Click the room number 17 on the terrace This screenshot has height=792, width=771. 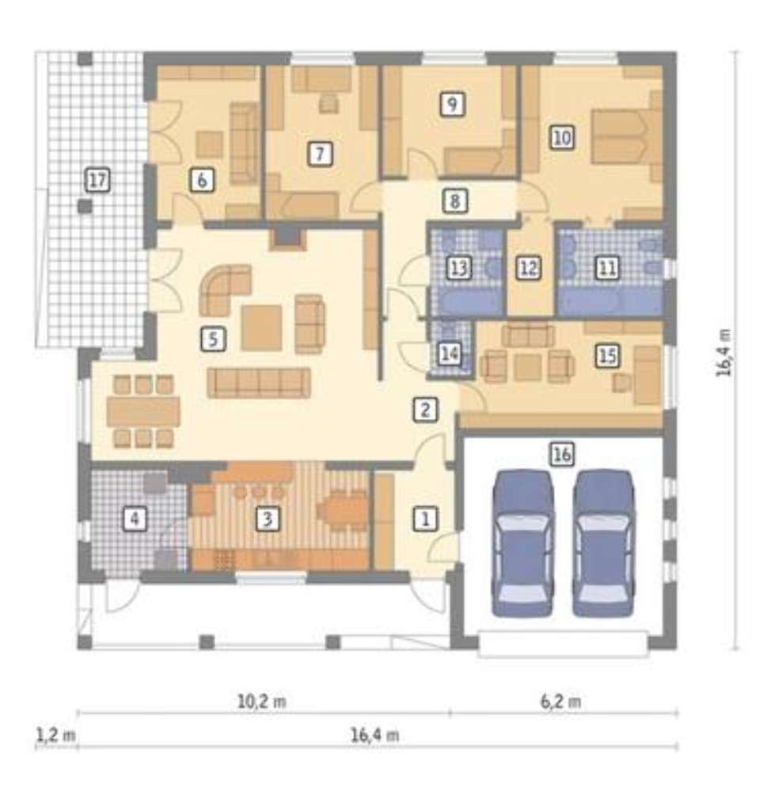click(98, 180)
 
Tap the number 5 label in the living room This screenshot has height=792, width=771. click(213, 339)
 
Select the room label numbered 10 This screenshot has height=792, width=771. click(562, 137)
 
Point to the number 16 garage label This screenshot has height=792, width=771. click(562, 454)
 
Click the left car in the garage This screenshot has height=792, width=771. click(522, 543)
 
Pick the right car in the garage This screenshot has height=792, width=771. click(603, 543)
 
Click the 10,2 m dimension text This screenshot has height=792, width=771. click(261, 702)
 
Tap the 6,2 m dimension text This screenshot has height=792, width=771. click(560, 702)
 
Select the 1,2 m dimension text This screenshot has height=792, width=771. click(55, 734)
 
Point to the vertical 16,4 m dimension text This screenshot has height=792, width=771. click(724, 352)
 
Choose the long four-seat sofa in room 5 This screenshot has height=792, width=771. click(259, 383)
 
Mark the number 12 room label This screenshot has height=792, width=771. click(529, 267)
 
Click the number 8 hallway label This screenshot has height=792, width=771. click(454, 200)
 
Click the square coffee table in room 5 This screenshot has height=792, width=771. click(261, 328)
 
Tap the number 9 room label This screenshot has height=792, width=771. click(452, 104)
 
